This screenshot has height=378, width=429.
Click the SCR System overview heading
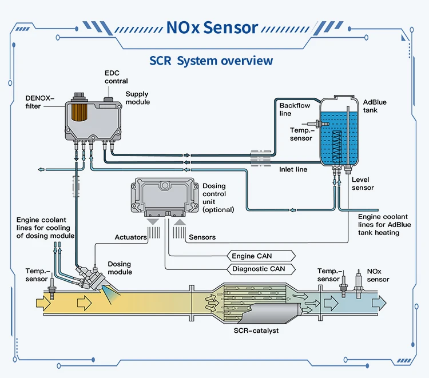[211, 61]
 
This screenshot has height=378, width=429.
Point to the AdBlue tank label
[374, 106]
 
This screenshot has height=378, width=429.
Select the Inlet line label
[293, 170]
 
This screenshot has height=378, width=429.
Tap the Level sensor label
[363, 184]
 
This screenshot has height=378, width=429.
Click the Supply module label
[137, 98]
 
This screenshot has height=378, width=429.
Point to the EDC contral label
[116, 77]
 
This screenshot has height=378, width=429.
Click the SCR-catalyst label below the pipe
[256, 331]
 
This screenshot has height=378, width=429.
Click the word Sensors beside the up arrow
[202, 237]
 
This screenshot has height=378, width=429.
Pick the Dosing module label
[120, 268]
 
